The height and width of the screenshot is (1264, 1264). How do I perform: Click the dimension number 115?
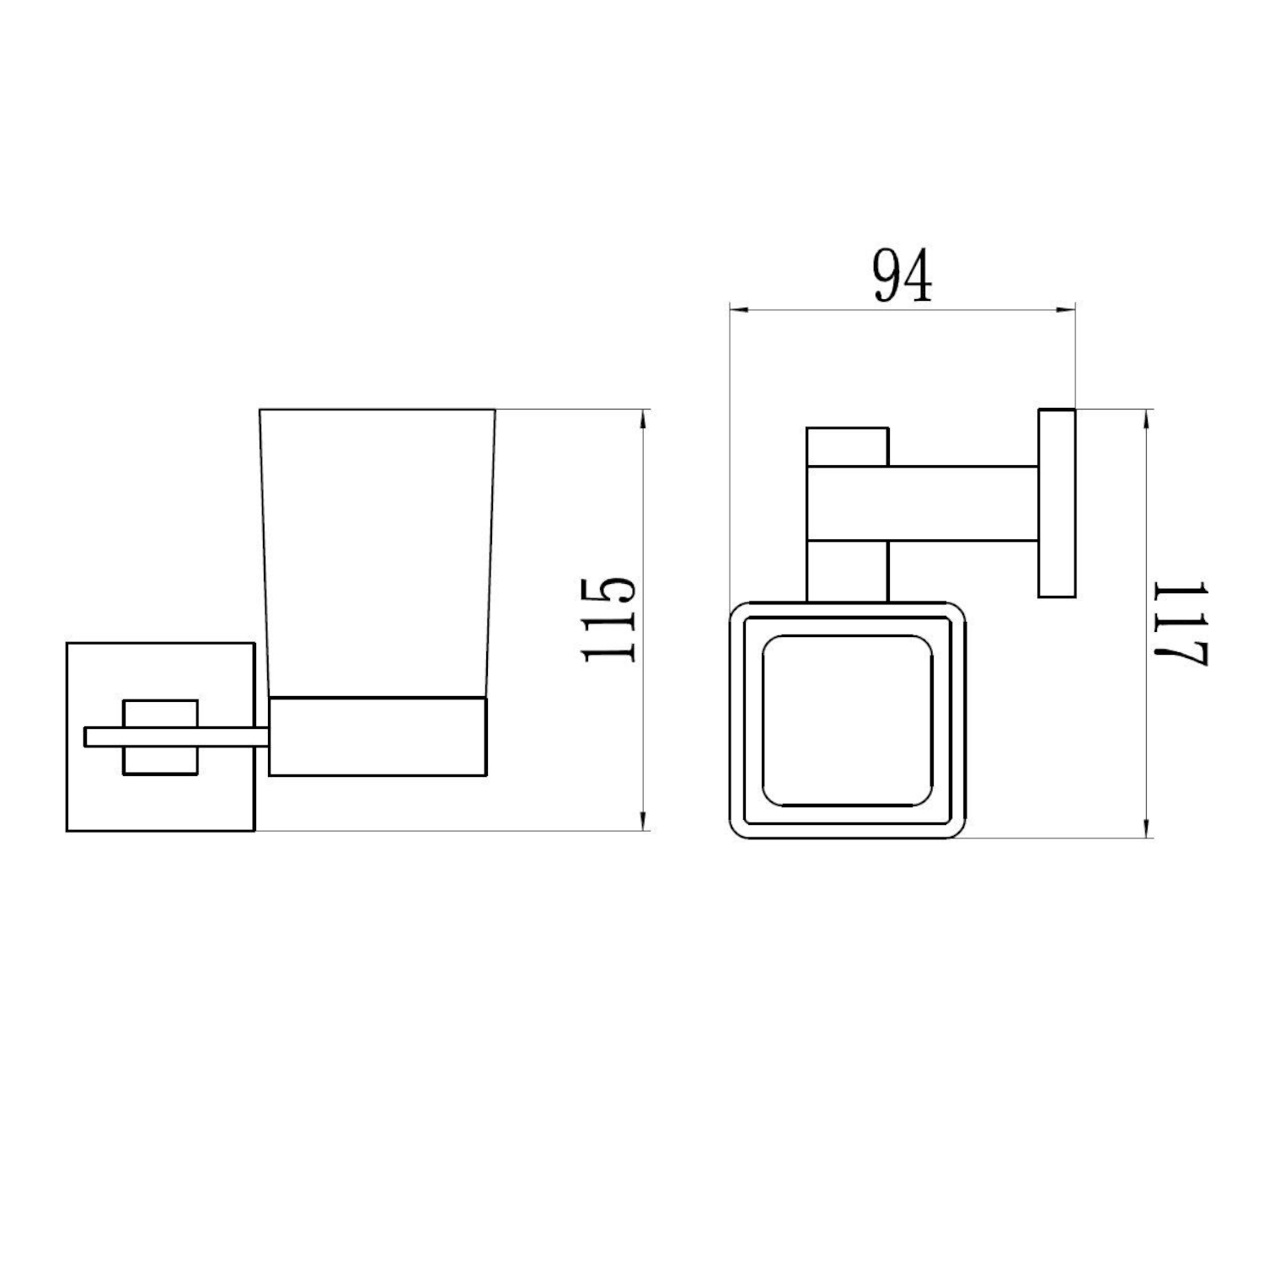click(x=609, y=619)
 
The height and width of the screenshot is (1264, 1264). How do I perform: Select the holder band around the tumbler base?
click(x=378, y=736)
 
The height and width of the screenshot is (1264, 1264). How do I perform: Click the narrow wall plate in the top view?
click(x=1057, y=503)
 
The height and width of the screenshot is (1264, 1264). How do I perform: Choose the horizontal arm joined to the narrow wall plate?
click(x=961, y=503)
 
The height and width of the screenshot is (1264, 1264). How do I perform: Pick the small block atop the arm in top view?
click(x=847, y=447)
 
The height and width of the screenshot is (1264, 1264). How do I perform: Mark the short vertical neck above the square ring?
click(x=847, y=571)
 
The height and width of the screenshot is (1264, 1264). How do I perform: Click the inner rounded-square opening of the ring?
click(x=847, y=720)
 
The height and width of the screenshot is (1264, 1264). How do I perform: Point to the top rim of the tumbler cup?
click(x=378, y=410)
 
